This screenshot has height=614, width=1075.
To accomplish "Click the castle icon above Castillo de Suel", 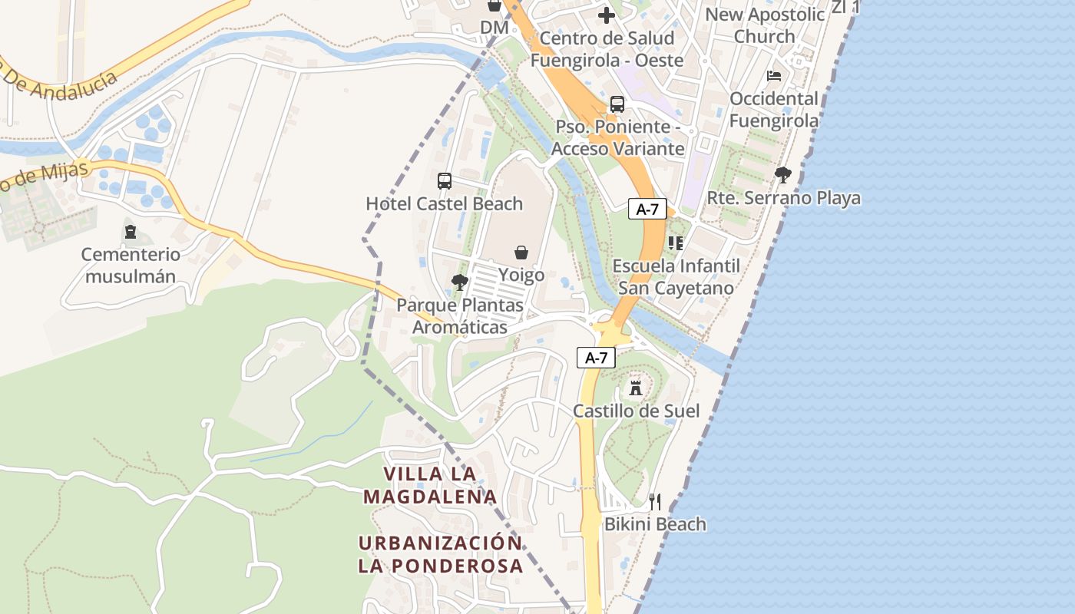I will point(636,388).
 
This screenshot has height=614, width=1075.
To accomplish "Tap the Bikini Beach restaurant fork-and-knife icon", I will point(655,502).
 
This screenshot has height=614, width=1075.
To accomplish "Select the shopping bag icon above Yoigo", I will point(521,253).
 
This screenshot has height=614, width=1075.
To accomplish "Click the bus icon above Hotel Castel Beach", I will point(445,181).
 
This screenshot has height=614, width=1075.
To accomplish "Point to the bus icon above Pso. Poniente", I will point(617,104).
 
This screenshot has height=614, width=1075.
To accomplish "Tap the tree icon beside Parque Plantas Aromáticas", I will point(460,282).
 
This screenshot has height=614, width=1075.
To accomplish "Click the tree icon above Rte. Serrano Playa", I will point(783,176).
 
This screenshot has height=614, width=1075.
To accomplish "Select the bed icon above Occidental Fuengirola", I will point(774,76).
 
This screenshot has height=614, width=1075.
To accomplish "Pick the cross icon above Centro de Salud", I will point(607,15).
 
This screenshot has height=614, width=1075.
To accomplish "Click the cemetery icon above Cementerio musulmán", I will point(131,232).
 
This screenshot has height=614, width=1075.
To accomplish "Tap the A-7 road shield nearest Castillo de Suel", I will point(597,358).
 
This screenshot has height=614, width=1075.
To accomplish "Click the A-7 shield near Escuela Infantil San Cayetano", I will point(647,209).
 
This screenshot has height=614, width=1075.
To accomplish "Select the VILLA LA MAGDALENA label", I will point(430,485).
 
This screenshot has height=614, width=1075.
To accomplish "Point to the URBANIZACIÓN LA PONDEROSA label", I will point(441,554).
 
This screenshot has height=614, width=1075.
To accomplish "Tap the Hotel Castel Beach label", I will point(444,204).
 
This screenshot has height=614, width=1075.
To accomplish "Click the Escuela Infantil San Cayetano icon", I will point(676,243).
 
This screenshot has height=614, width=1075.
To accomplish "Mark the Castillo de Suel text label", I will point(637,411).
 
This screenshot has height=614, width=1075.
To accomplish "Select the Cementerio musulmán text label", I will point(131,266).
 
